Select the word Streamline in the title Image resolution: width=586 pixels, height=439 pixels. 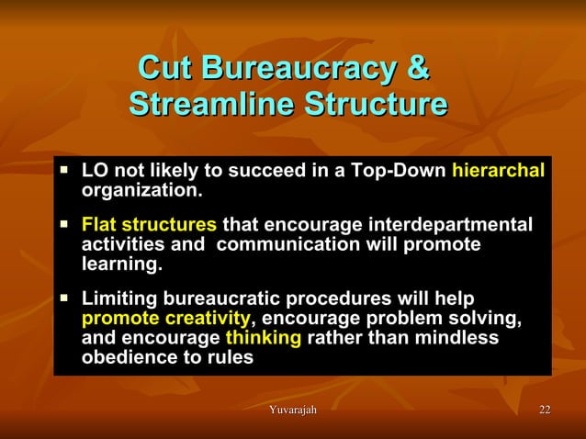point(210,103)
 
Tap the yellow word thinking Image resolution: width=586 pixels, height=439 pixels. point(263,339)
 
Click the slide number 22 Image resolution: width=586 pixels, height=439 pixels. point(545,408)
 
